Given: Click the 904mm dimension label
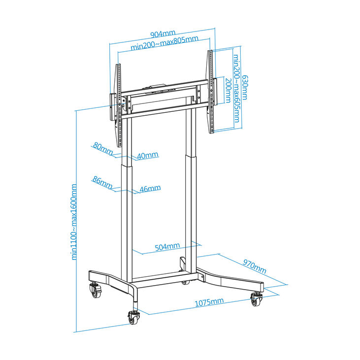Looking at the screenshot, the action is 163,34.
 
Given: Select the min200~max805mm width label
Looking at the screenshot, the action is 164,43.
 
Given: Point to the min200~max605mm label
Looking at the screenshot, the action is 236,88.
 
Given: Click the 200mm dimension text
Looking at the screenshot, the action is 228,90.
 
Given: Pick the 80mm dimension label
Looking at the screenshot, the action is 103,149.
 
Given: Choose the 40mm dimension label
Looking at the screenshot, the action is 148,156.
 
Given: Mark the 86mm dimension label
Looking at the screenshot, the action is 102,182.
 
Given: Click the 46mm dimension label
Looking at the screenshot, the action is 150,189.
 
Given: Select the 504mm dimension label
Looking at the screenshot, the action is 167,247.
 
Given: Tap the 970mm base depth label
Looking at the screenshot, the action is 255,266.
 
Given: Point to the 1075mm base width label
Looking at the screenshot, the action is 209,302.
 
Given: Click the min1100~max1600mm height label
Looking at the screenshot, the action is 74,222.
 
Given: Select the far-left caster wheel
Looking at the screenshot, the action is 95,290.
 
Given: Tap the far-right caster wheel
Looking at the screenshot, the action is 256,299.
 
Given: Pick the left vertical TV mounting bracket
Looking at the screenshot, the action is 119,105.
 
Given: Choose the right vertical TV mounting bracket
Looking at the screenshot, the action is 211,92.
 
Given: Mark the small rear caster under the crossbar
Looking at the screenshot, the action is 185,282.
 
